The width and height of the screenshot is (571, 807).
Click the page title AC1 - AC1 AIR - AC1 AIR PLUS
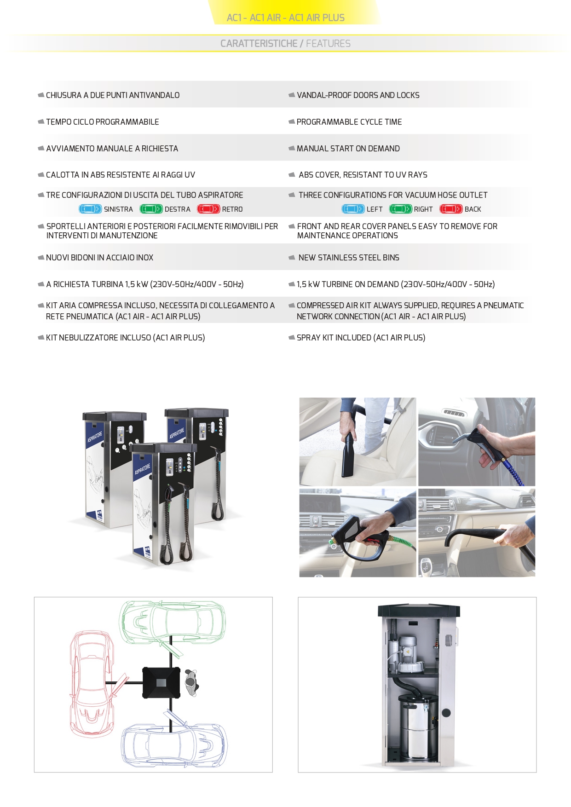point(285,17)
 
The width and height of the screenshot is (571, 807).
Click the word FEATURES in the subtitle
point(328,43)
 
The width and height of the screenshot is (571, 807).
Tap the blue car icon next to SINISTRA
point(90,209)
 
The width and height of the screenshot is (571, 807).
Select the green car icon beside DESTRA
point(151,209)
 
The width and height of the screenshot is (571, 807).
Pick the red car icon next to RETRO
point(208,209)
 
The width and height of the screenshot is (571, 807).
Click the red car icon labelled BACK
point(451,209)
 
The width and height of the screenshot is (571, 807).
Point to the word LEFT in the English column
point(375,209)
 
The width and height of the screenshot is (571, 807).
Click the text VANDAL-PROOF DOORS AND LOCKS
point(358,95)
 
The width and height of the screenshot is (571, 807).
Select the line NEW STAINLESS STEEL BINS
point(349,258)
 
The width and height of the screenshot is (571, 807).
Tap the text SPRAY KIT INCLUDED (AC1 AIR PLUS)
point(361,338)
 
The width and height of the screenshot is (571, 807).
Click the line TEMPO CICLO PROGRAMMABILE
point(102,122)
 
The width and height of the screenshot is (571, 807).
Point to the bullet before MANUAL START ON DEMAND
point(291,148)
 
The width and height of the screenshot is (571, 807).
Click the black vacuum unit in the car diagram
point(161,682)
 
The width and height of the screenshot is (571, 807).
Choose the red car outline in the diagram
point(92,683)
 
